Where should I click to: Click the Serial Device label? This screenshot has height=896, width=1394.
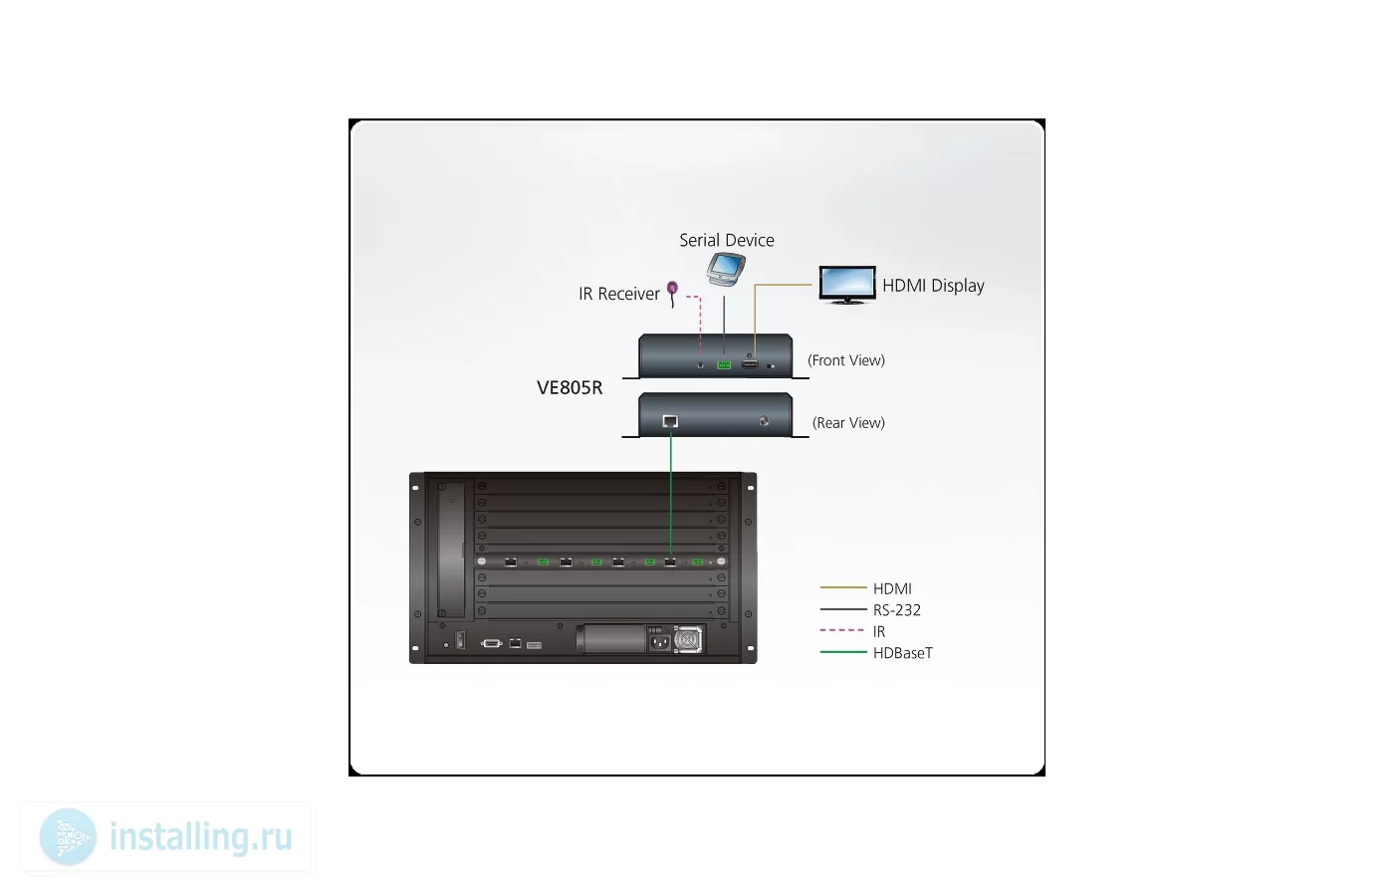726,240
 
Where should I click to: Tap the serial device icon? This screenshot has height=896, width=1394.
726,270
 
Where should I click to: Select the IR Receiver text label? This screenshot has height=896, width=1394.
618,294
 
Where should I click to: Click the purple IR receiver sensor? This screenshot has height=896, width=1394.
672,294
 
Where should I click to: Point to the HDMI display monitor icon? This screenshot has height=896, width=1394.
847,285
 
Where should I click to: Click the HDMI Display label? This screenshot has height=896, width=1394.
933,286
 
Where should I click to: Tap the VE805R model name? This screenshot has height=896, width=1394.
570,387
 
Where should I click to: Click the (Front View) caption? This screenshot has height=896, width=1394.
845,360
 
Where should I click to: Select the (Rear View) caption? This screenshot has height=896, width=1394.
848,423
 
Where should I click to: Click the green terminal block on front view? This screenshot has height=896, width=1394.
724,365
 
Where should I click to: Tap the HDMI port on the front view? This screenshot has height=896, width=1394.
750,364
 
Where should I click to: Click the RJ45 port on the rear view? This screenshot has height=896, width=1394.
670,421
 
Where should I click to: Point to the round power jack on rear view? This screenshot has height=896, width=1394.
765,421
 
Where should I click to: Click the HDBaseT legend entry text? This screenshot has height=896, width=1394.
902,653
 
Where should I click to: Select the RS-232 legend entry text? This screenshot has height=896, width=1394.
897,609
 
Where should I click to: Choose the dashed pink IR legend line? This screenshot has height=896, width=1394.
842,630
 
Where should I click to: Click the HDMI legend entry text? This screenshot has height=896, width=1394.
892,588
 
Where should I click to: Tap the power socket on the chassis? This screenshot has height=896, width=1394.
659,639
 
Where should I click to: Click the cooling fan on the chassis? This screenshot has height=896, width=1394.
688,639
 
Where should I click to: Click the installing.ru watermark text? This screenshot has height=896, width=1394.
200,837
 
